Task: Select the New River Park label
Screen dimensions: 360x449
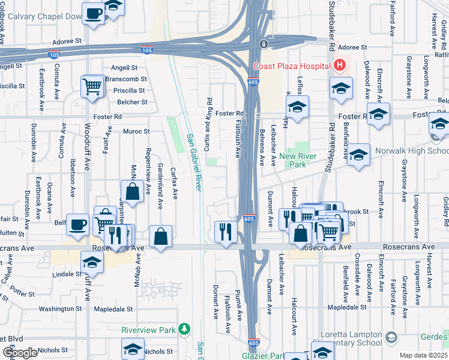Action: tap(297, 160)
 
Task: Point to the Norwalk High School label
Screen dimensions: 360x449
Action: tap(412, 151)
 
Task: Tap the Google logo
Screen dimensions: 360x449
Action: tap(20, 352)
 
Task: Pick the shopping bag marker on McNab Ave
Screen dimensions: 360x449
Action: tap(133, 192)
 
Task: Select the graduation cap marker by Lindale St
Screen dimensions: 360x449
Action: tap(92, 262)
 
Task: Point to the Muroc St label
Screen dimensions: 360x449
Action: tap(136, 131)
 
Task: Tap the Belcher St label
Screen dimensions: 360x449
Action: tap(132, 102)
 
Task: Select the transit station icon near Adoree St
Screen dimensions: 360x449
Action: tap(263, 44)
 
